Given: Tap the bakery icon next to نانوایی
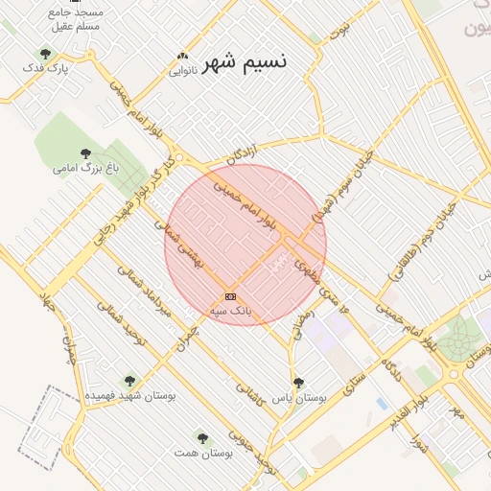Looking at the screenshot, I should tap(182, 56).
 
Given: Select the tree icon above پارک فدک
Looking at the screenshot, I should tap(45, 54).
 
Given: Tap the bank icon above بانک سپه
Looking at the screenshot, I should tap(230, 296).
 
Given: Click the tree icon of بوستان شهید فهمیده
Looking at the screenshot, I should tap(129, 380).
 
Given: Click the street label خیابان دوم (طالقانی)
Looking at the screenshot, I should tap(421, 242).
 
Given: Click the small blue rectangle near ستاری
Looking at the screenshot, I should tap(383, 404).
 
